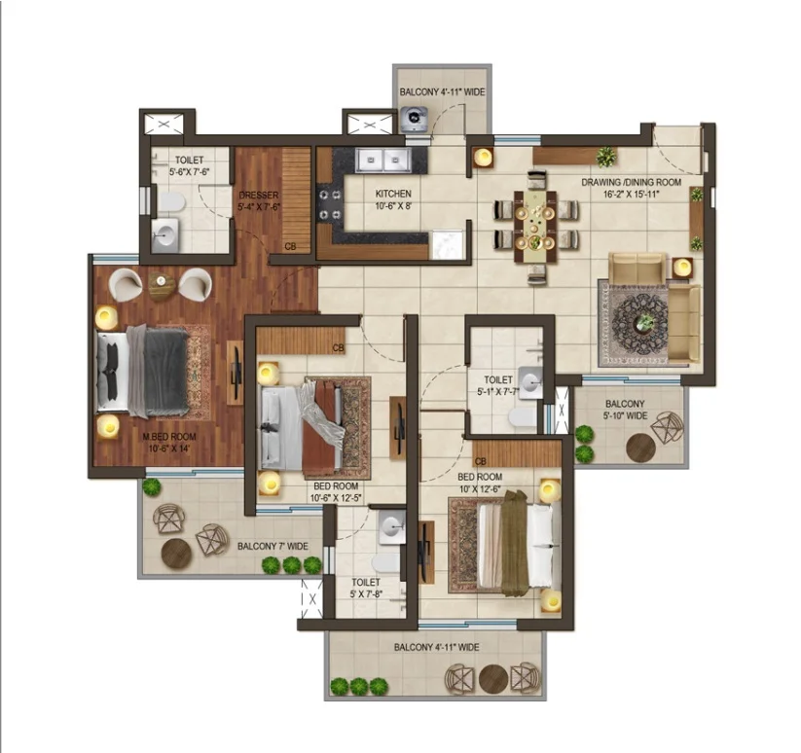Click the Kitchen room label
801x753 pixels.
[393, 199]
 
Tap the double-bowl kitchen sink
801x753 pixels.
[383, 161]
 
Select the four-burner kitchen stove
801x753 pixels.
[330, 204]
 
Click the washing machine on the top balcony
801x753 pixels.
[414, 119]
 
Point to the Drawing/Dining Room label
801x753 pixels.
[632, 188]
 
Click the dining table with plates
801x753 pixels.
[535, 226]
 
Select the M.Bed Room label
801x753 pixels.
[169, 443]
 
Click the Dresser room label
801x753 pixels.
[259, 200]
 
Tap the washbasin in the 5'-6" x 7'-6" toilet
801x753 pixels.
[165, 235]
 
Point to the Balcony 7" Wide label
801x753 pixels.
[273, 546]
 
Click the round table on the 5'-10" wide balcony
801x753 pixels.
[640, 448]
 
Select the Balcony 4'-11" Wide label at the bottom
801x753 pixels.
[436, 647]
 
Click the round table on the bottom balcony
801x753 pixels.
[493, 678]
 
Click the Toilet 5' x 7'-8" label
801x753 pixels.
[366, 589]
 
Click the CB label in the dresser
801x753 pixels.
[290, 246]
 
